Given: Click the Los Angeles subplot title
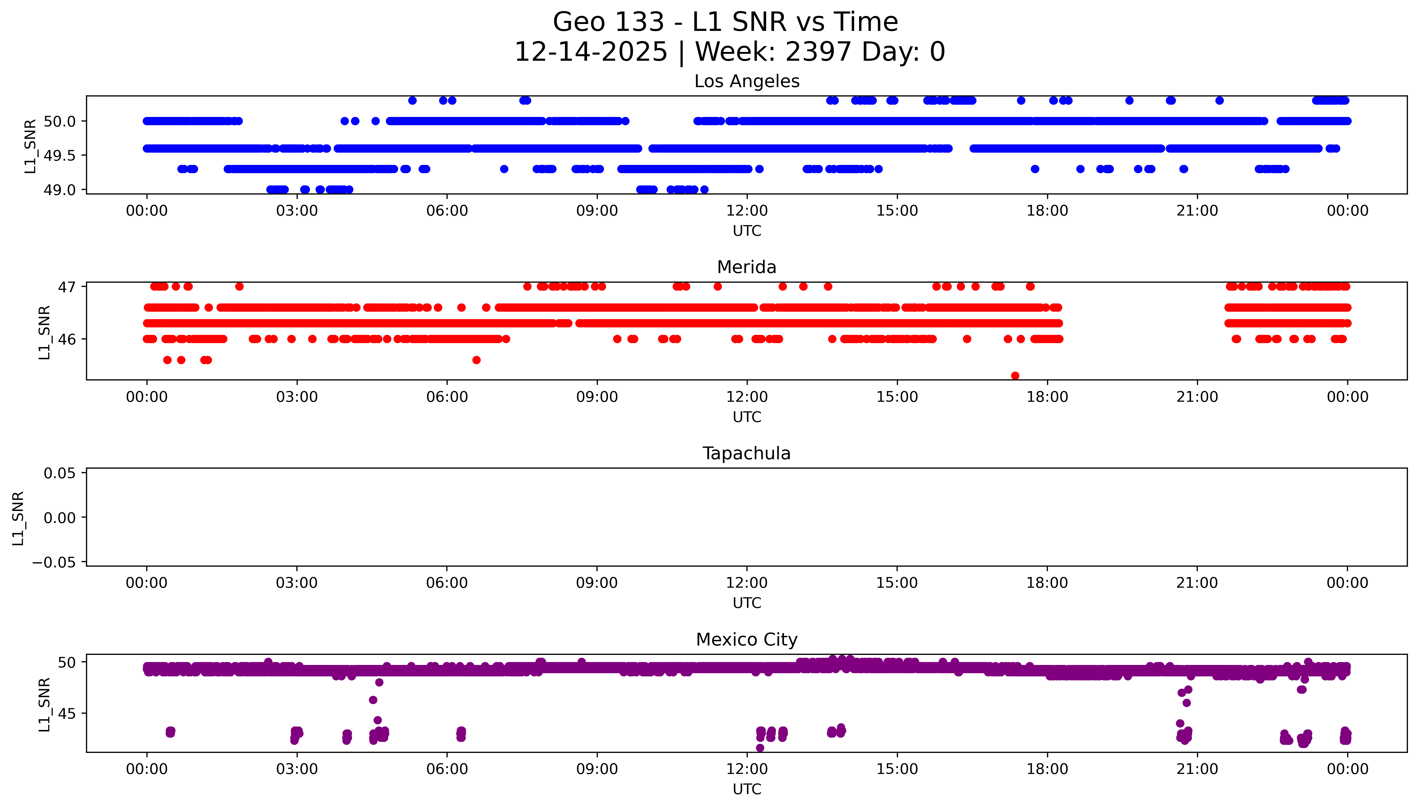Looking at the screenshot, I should click(x=746, y=82).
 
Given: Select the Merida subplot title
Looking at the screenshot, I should click(x=746, y=267).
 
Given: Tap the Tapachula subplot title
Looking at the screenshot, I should click(x=746, y=453).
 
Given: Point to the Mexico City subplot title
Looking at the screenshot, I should click(x=746, y=640).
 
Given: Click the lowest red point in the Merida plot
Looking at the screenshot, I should click(x=1015, y=376).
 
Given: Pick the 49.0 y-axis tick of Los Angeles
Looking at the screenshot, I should click(x=59, y=190).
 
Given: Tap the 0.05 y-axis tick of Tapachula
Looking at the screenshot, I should click(x=59, y=473).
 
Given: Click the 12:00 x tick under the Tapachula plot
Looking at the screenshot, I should click(x=746, y=583).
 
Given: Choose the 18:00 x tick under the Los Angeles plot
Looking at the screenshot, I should click(x=1047, y=211).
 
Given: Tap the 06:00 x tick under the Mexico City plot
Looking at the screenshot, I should click(x=447, y=769).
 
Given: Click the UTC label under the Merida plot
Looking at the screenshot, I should click(x=746, y=417).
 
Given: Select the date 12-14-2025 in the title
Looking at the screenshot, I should click(x=591, y=52).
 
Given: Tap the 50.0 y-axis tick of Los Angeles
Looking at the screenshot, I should click(x=59, y=121).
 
